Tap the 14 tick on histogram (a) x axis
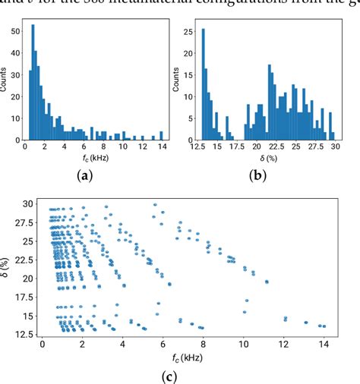161,148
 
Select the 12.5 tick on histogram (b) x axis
201,148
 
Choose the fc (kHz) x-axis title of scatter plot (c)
182,357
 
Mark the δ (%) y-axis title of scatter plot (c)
8,269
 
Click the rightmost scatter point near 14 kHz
324,326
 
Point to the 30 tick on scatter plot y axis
28,204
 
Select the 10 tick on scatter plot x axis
243,344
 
